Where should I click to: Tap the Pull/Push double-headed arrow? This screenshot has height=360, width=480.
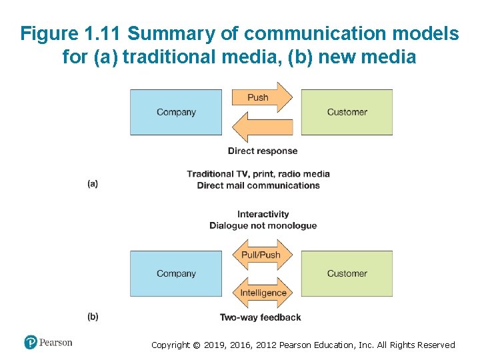click(261, 255)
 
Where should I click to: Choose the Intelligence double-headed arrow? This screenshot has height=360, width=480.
click(263, 292)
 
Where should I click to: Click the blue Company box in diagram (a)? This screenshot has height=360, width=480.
click(176, 112)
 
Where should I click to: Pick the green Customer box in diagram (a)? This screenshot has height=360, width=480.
click(347, 112)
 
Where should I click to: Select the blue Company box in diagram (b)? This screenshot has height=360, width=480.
click(176, 273)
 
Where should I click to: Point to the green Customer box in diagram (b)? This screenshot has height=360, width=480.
click(347, 273)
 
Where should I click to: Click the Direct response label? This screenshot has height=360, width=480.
click(263, 151)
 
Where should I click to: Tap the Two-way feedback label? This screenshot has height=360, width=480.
click(261, 317)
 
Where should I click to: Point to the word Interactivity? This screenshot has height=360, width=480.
click(263, 214)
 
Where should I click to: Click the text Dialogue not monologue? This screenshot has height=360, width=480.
click(263, 225)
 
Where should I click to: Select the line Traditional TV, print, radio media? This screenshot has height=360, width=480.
click(259, 174)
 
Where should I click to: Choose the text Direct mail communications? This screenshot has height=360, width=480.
click(259, 185)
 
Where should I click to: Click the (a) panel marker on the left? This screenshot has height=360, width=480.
click(93, 183)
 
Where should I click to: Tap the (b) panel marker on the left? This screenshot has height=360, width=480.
click(93, 317)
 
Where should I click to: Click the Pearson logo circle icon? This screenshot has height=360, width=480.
click(31, 343)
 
